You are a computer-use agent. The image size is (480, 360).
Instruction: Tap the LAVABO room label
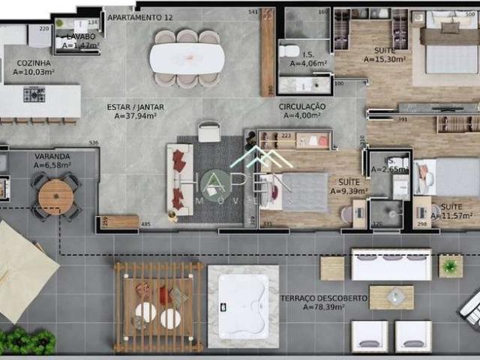coord(80,36)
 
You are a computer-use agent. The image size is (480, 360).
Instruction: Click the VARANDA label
coord(52,157)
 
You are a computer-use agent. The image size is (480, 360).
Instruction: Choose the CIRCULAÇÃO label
coord(302,106)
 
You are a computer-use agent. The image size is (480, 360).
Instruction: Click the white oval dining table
coord(187,58)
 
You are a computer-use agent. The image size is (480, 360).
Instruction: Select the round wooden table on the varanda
coord(56,197)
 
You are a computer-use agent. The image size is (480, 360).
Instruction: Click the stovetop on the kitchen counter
coord(34,94)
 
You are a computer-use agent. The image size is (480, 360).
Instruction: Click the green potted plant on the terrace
coord(451,265)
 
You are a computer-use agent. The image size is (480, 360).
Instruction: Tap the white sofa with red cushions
coord(179,180)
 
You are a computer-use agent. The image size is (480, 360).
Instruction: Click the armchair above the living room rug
coord(209,132)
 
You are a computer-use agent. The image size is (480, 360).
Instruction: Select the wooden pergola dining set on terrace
coord(158,306)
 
